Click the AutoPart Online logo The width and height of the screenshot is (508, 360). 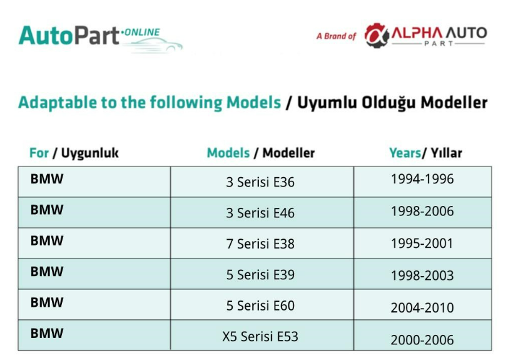coord(101,38)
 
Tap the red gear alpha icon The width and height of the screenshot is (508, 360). coord(376,35)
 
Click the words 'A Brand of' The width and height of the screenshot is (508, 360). coord(336,36)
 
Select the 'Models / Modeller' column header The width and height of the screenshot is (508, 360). coord(261,153)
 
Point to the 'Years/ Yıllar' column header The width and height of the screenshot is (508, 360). coord(425,153)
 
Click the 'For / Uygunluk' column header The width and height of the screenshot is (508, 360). coord(74,153)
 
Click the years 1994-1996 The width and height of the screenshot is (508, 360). coord(422,179)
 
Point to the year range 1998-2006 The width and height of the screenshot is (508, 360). coord(422,211)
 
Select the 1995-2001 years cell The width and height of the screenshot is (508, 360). coord(422,244)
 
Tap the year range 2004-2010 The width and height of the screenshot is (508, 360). coord(422,307)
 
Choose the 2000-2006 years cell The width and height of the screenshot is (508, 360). coord(422,340)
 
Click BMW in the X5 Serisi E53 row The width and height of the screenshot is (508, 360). coord(47,334)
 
